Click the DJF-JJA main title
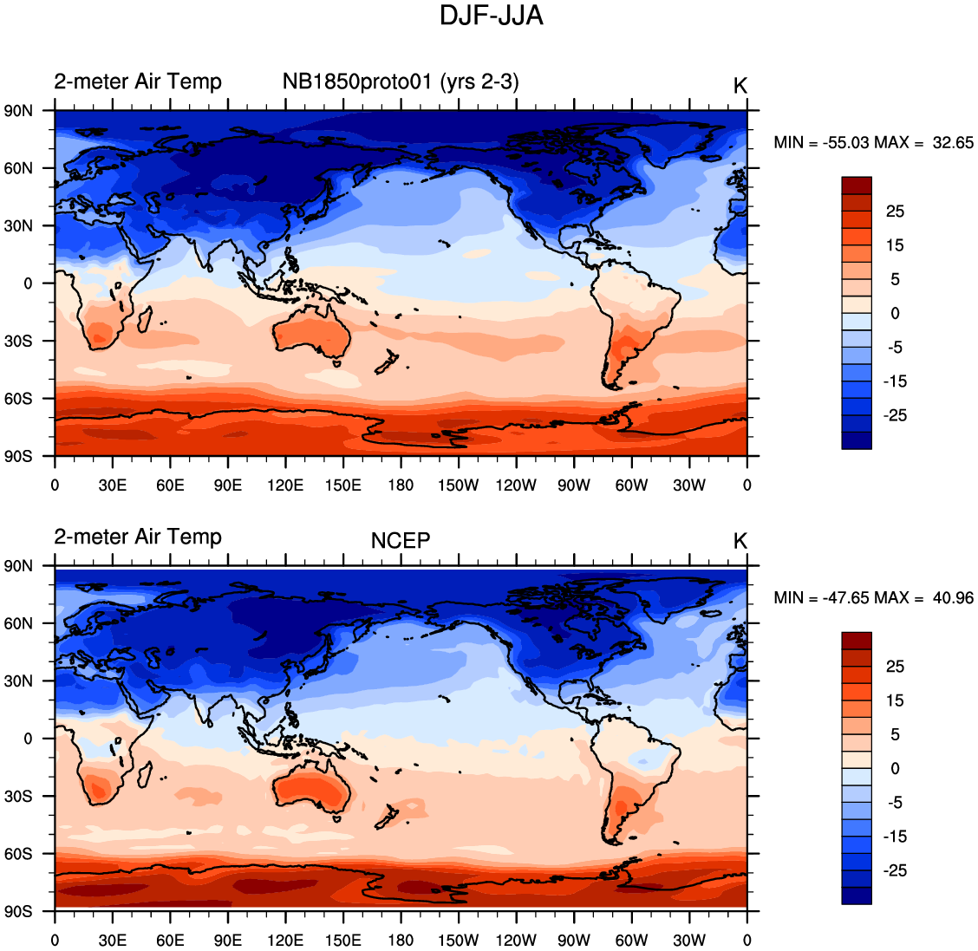(491, 16)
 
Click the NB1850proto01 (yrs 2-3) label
(401, 82)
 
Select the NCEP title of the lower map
(401, 541)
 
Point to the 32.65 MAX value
(952, 143)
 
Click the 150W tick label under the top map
(458, 485)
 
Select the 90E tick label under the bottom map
(227, 941)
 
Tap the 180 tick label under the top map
(401, 485)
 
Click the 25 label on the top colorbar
(895, 212)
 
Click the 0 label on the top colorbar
(895, 314)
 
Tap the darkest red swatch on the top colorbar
(857, 186)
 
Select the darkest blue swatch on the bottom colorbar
(857, 896)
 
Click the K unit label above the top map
(740, 86)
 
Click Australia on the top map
(312, 334)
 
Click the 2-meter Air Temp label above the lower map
(138, 537)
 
